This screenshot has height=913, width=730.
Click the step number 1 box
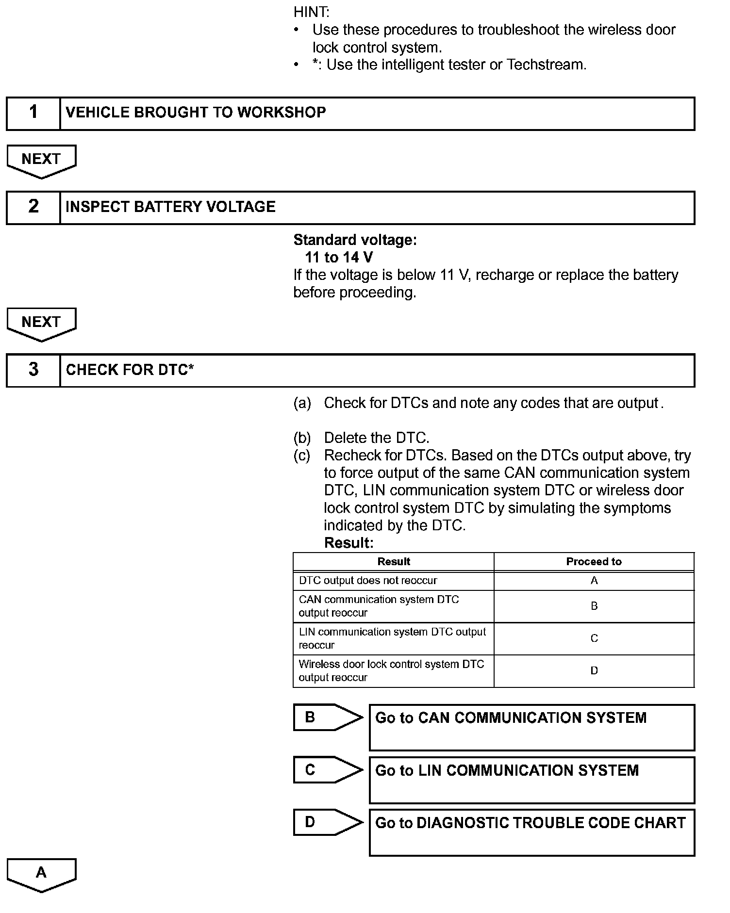(x=33, y=114)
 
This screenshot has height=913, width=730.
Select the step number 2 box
(x=33, y=208)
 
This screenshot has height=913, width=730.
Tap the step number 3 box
(x=33, y=371)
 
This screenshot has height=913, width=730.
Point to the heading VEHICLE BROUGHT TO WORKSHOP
(x=196, y=113)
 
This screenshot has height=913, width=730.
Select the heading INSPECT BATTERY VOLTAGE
(x=170, y=207)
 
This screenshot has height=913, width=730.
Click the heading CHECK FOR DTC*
(x=130, y=370)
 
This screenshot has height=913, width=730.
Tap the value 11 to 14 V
(x=339, y=257)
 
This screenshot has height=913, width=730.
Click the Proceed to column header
(x=594, y=562)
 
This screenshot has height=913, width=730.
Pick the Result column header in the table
(x=394, y=562)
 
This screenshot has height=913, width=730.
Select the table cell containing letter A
(x=594, y=581)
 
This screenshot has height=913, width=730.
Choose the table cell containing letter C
(x=594, y=638)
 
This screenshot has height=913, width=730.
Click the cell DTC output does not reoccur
(x=368, y=581)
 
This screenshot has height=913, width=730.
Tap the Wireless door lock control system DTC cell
(x=391, y=670)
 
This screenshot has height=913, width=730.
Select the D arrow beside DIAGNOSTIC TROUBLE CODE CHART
(x=327, y=822)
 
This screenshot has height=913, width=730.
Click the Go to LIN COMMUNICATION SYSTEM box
(x=531, y=780)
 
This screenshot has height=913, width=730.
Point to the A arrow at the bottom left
(x=41, y=874)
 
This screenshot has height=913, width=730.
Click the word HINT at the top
(x=311, y=12)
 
